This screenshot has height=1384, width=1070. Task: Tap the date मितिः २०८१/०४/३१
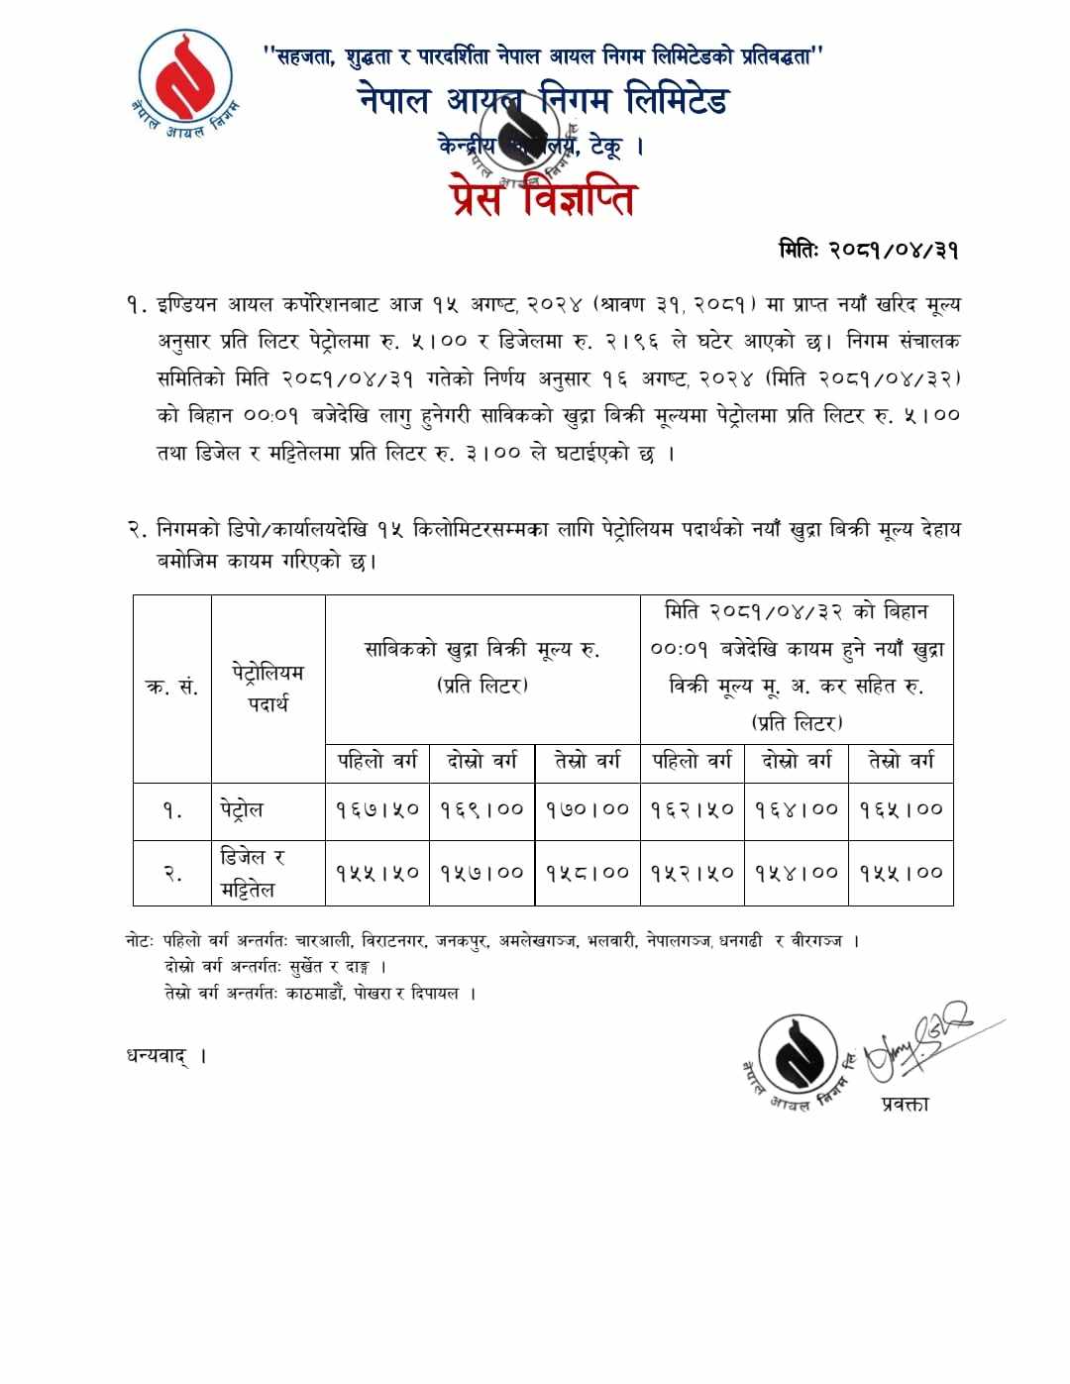click(868, 250)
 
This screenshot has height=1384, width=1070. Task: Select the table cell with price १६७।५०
click(377, 809)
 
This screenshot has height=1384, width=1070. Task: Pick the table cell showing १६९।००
click(482, 809)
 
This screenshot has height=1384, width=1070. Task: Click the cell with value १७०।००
click(588, 809)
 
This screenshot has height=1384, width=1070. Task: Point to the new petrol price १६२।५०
click(693, 809)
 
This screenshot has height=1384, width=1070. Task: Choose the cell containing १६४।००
click(797, 809)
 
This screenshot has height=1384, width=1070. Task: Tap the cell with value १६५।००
click(902, 809)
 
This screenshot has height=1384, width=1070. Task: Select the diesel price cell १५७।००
click(482, 873)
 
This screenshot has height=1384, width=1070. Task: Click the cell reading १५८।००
click(588, 873)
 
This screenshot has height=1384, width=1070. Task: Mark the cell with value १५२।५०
click(693, 873)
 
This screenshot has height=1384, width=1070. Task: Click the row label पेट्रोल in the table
click(242, 809)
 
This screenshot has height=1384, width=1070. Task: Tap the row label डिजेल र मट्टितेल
click(252, 873)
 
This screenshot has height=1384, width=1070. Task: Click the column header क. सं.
click(172, 688)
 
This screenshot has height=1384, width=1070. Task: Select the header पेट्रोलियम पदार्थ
click(267, 688)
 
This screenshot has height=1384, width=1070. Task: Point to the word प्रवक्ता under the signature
click(905, 1103)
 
